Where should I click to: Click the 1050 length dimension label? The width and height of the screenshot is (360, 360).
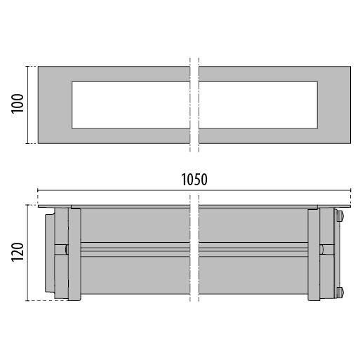(194, 180)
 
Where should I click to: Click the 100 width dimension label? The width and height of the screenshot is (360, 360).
(18, 104)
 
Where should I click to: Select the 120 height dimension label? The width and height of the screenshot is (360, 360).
(18, 252)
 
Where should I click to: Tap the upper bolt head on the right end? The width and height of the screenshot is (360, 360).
(340, 215)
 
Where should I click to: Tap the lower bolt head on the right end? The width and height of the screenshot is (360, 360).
(340, 293)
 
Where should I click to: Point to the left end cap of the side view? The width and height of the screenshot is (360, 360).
(50, 253)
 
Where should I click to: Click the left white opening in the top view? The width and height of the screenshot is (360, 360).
(131, 105)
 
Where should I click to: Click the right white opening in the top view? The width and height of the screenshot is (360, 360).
(258, 105)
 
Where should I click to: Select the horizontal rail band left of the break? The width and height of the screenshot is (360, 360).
(135, 250)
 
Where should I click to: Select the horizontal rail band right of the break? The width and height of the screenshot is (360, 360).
(253, 250)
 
